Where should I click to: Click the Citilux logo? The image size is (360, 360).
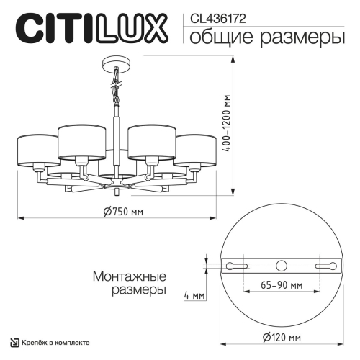pyautogui.click(x=91, y=29)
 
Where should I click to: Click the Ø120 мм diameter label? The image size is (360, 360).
pyautogui.click(x=282, y=337)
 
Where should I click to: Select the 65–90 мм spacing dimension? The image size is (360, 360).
pyautogui.click(x=282, y=285)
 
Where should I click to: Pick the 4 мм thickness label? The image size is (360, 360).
pyautogui.click(x=194, y=296)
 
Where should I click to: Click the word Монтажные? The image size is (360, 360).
pyautogui.click(x=130, y=276)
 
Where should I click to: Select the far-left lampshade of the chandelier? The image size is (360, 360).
pyautogui.click(x=37, y=149)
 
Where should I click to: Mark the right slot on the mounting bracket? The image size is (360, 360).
pyautogui.click(x=327, y=266)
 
